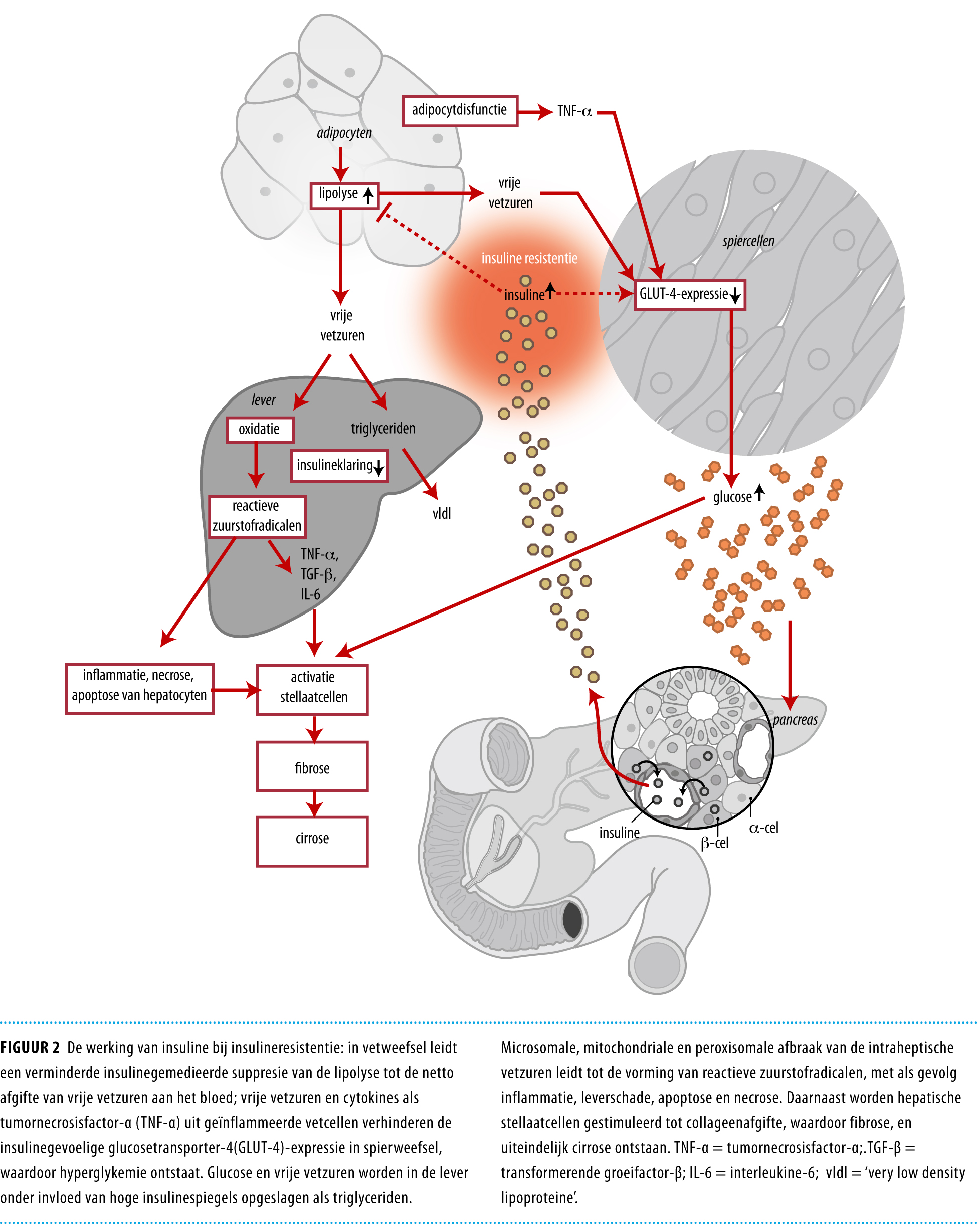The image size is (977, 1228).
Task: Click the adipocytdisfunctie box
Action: coord(459,110)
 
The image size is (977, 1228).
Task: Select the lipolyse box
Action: coord(344,195)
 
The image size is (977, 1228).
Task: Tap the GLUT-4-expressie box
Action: coord(689,295)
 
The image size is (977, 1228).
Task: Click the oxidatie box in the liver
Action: coord(260,430)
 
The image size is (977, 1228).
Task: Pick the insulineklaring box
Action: coord(339,466)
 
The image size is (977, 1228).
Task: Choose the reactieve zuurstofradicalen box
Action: coord(257,516)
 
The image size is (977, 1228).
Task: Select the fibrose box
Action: coord(312,767)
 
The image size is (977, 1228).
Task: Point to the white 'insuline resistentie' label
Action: coord(529,259)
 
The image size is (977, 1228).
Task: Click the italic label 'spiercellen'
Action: coord(748,241)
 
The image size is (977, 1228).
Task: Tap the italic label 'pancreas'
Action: coord(795,720)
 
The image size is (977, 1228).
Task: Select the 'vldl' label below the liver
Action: coord(441,514)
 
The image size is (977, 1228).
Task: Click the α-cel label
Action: coord(763,828)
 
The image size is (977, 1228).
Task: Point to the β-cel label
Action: coord(714,843)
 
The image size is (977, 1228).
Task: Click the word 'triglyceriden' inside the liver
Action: coord(383,429)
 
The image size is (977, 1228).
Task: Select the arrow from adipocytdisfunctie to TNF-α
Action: coord(535,112)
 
